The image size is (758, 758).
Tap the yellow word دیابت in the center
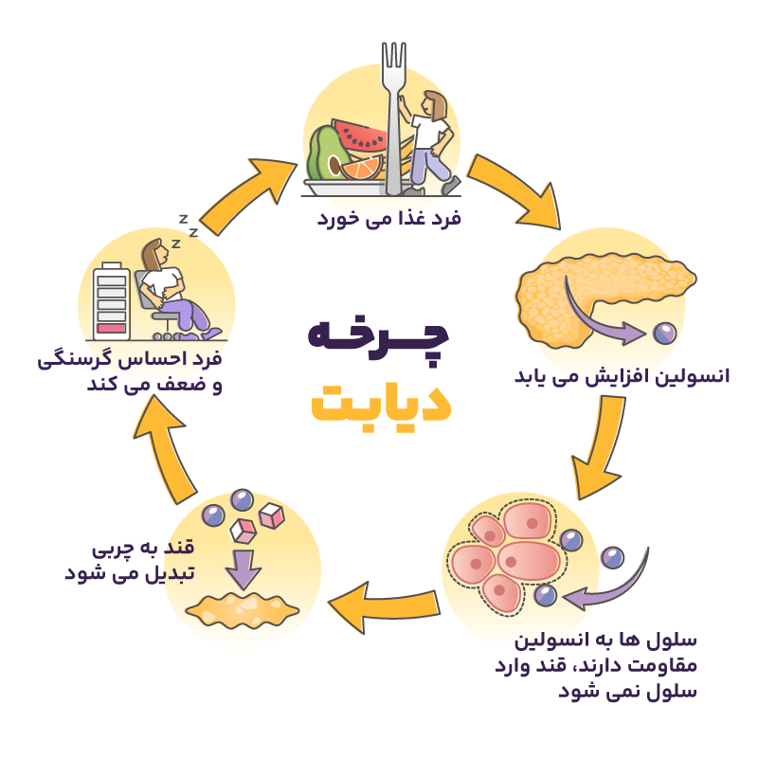click(x=381, y=403)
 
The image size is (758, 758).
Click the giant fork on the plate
click(x=392, y=114)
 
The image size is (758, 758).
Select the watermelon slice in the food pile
click(x=359, y=136)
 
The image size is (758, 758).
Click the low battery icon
click(x=112, y=300)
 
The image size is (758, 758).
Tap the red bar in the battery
click(x=112, y=328)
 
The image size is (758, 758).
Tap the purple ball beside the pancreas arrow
click(x=665, y=333)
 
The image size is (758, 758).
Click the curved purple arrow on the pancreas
click(x=606, y=322)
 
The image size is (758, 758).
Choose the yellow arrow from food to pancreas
click(x=514, y=189)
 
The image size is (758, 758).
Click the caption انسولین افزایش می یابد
click(x=622, y=376)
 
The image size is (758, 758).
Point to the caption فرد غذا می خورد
click(x=388, y=218)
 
